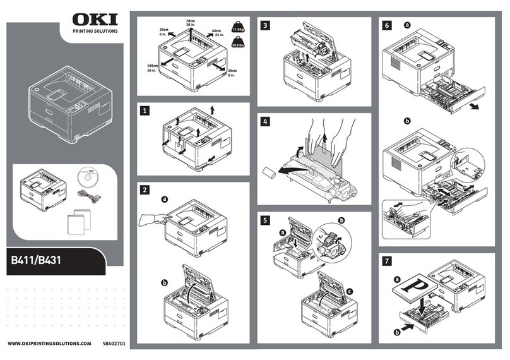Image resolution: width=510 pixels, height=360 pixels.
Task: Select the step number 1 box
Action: pos(146,111)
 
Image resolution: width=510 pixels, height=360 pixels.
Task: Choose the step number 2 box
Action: pos(146,189)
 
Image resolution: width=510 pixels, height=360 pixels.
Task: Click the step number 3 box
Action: pos(265,25)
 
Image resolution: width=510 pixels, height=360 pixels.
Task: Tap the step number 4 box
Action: pos(265,121)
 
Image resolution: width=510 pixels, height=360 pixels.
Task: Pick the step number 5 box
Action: pos(265,220)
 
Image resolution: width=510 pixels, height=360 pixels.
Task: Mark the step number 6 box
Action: pos(387,25)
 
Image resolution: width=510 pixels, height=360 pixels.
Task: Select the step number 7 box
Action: pos(387,260)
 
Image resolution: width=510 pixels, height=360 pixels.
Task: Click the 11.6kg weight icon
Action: pos(239,27)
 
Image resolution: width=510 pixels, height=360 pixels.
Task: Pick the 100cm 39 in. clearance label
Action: pos(152,68)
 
